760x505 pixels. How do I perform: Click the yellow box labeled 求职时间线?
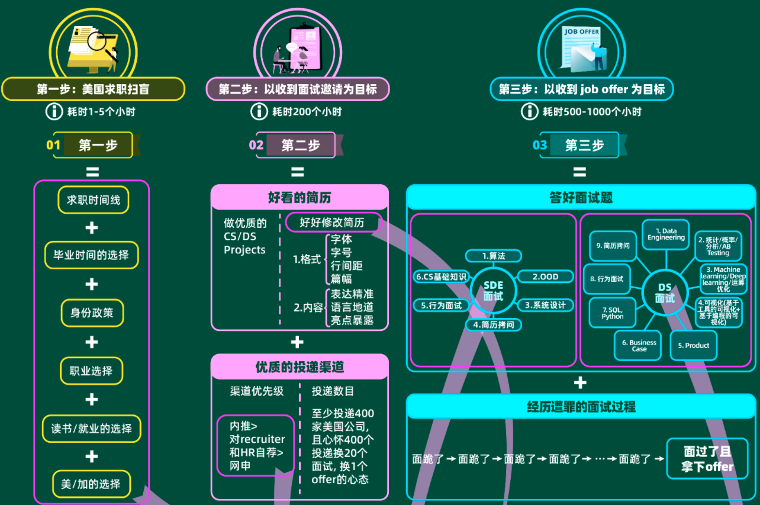(93, 200)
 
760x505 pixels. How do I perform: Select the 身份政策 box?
(92, 313)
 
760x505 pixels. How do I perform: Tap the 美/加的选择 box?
(91, 483)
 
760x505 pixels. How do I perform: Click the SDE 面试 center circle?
(493, 290)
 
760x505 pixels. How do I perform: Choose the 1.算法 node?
(493, 256)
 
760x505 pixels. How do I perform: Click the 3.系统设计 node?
(545, 305)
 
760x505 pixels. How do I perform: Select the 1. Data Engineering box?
(666, 234)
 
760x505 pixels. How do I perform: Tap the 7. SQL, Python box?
(613, 313)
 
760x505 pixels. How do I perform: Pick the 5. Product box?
(693, 346)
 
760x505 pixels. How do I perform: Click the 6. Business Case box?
(639, 346)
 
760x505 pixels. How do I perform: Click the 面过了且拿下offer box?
(707, 459)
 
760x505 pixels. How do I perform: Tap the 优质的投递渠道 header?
(300, 367)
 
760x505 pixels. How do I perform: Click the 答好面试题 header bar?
(581, 198)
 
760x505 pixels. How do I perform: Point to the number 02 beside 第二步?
(256, 145)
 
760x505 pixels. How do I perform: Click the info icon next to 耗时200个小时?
(259, 111)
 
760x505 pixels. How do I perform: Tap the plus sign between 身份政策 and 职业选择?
(92, 342)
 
